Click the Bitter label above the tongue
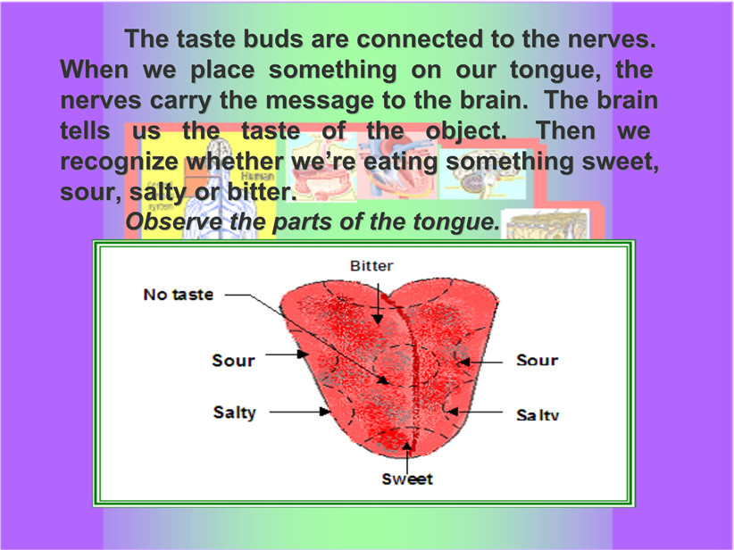(x=371, y=266)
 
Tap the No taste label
(x=179, y=295)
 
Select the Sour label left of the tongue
(x=234, y=361)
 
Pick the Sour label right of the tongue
(x=538, y=360)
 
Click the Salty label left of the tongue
(x=235, y=412)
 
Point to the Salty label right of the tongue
(x=538, y=414)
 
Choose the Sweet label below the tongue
(x=407, y=479)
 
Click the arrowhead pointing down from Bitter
(x=378, y=318)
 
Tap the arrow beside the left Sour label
(x=287, y=354)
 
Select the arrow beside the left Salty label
(x=300, y=412)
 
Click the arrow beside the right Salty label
(x=475, y=412)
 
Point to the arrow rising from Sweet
(x=407, y=457)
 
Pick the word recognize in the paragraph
(x=119, y=162)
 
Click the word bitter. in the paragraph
(x=262, y=192)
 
